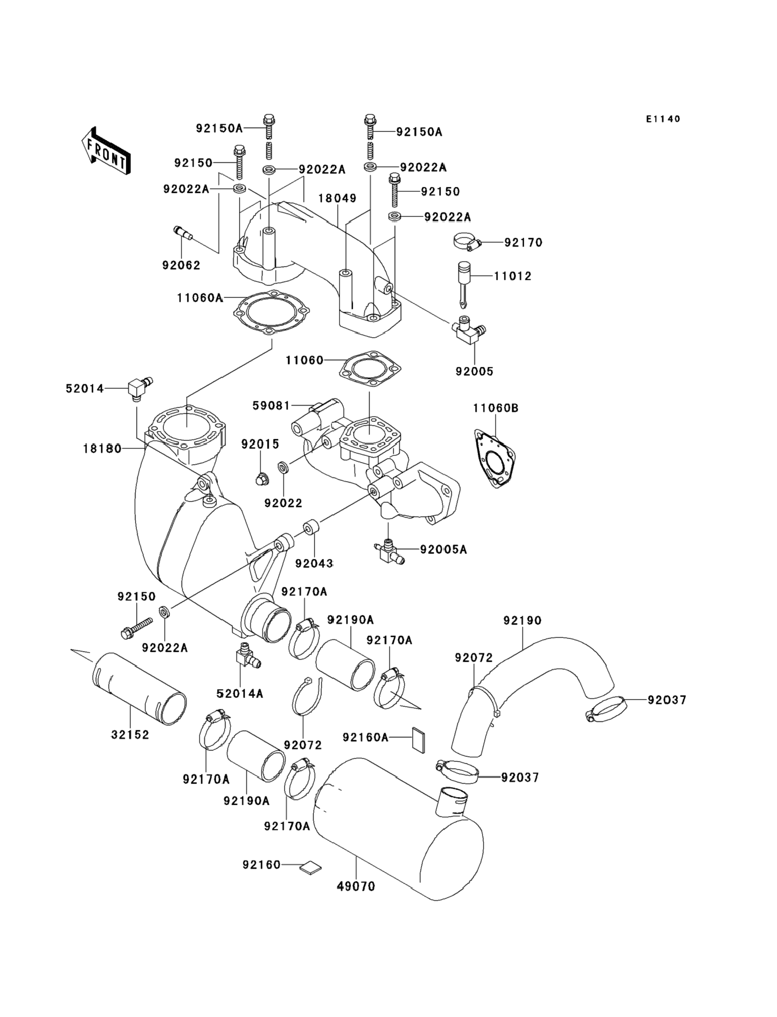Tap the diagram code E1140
[x=663, y=119]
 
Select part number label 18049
[x=338, y=198]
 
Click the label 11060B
[x=496, y=408]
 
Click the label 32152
[x=130, y=735]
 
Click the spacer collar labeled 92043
[x=312, y=528]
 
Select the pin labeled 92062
[x=184, y=233]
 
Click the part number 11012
[x=513, y=276]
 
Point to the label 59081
[x=271, y=406]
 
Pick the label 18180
[x=102, y=448]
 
